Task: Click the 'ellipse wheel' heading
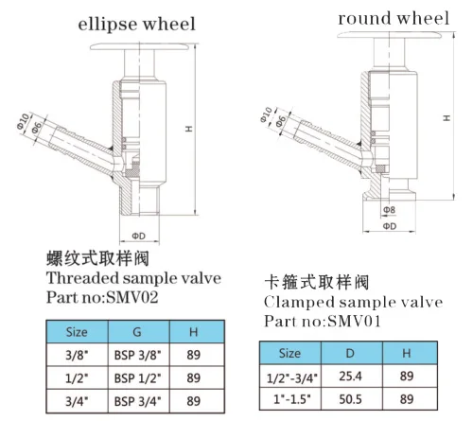pyautogui.click(x=136, y=25)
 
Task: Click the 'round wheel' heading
pyautogui.click(x=394, y=18)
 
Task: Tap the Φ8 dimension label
pyautogui.click(x=389, y=210)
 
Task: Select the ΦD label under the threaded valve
pyautogui.click(x=139, y=236)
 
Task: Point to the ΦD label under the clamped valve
pyautogui.click(x=390, y=226)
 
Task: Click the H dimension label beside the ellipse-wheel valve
pyautogui.click(x=189, y=129)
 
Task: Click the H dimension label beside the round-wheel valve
pyautogui.click(x=447, y=118)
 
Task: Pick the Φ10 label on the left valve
pyautogui.click(x=23, y=121)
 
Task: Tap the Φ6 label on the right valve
pyautogui.click(x=281, y=121)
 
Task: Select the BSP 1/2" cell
pyautogui.click(x=137, y=377)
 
